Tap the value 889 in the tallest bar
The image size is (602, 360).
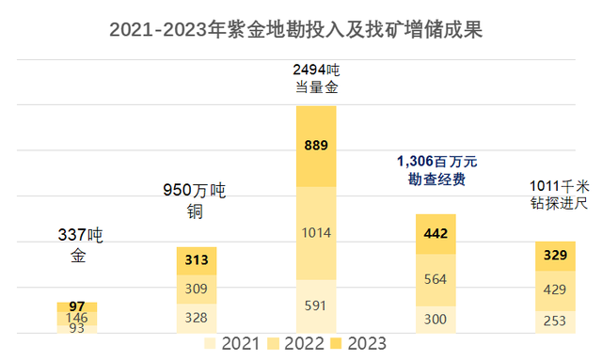316,146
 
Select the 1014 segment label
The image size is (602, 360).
316,233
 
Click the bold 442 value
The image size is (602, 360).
436,234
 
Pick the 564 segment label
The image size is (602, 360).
436,279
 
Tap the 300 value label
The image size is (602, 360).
436,320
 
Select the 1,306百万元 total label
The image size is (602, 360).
436,161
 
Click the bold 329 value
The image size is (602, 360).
555,256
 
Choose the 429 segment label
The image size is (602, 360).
555,290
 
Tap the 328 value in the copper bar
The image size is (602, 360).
197,318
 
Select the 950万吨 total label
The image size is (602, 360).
197,191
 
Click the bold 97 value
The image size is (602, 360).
77,306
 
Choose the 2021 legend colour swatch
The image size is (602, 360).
211,344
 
